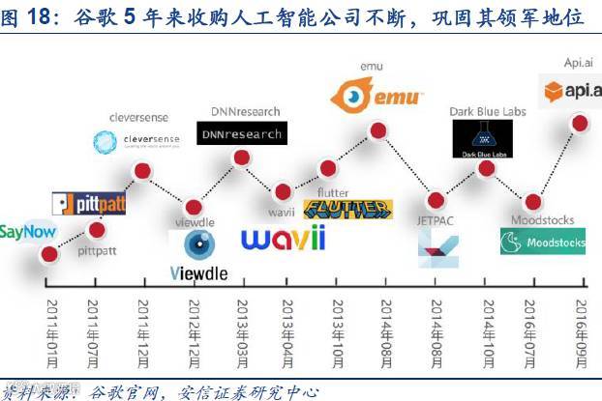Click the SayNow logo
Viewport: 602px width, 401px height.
[x=27, y=232]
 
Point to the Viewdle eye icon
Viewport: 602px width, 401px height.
[x=199, y=243]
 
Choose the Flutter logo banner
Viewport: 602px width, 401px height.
[x=347, y=209]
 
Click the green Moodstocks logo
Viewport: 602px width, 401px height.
[x=542, y=242]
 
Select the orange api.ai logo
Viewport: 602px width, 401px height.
[x=571, y=91]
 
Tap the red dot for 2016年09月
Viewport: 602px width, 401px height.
[x=581, y=122]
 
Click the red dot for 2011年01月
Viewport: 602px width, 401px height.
[x=47, y=254]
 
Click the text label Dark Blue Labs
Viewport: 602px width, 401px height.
[x=487, y=111]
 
